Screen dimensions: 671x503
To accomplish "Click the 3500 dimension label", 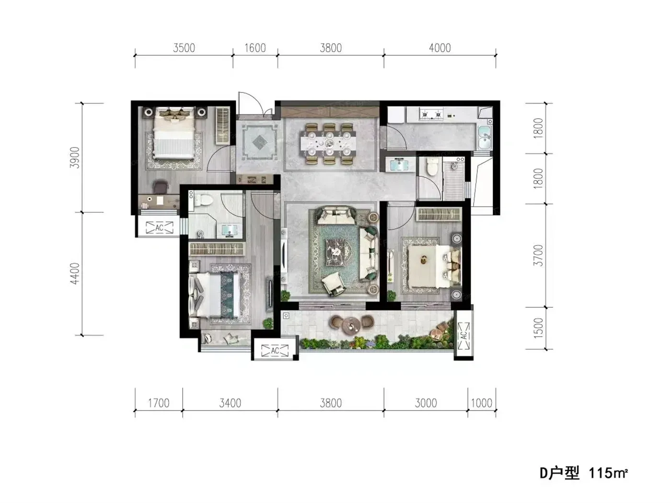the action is click(184, 48).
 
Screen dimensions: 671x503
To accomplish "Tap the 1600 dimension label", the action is click(255, 48).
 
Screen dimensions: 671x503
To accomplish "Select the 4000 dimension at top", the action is click(440, 48).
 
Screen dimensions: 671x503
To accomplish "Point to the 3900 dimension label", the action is click(75, 158).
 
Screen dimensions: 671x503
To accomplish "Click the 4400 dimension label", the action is click(75, 274).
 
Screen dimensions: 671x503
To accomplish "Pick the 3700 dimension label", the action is click(538, 255).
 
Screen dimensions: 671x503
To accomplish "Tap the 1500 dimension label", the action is click(538, 328).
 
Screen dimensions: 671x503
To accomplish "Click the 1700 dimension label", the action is click(158, 403).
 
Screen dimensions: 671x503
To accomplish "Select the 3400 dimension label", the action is click(230, 403).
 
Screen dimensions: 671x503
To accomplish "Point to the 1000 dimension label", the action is click(482, 403).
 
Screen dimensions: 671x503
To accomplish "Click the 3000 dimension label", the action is click(426, 403).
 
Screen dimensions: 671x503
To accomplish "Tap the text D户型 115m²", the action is click(584, 482).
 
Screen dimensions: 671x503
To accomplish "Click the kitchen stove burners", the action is click(432, 114).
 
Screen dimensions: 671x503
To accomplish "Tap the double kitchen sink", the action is click(484, 138).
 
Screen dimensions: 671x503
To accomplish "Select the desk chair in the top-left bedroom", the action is click(161, 187).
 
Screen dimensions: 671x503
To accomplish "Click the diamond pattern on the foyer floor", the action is click(260, 142).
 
